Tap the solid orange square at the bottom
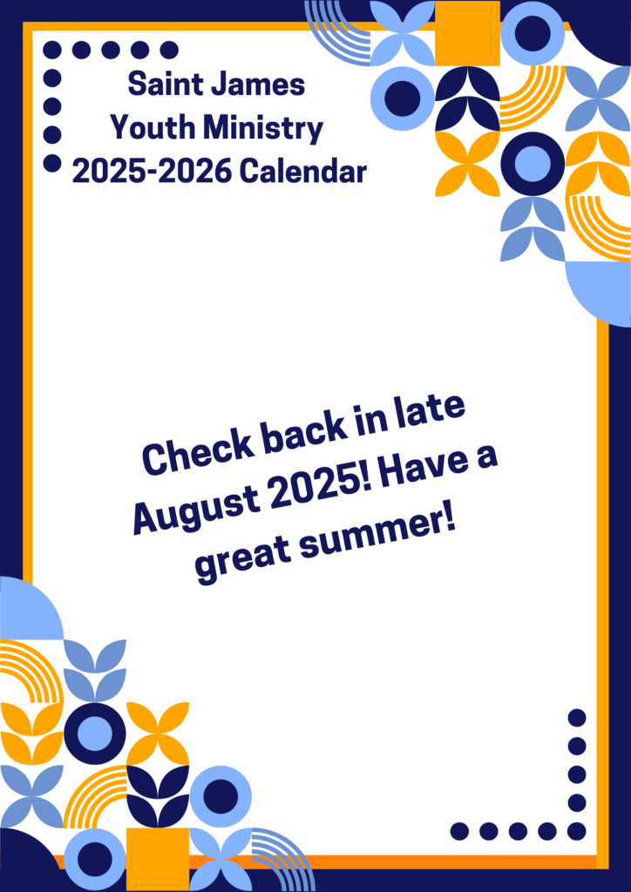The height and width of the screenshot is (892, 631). [158, 859]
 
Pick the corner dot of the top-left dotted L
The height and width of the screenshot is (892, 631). [52, 50]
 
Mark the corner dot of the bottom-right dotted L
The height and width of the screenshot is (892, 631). [577, 831]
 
